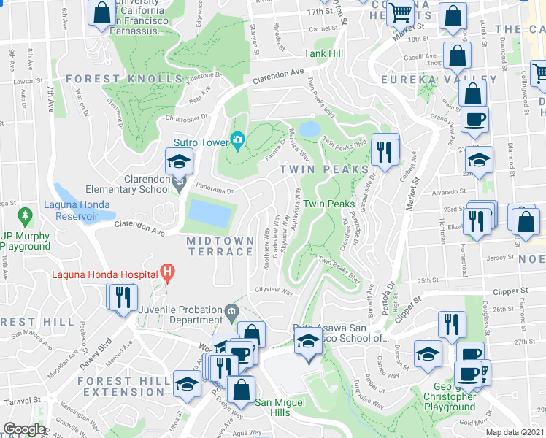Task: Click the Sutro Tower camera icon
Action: point(237,139)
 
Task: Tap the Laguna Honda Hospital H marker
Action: point(169,274)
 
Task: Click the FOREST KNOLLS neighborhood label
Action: point(124,79)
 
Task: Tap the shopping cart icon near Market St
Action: point(400,13)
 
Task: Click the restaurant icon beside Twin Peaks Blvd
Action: point(384,151)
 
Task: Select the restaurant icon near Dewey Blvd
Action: point(122,296)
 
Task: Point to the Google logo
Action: point(23,429)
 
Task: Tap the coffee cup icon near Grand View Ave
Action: point(474,120)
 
